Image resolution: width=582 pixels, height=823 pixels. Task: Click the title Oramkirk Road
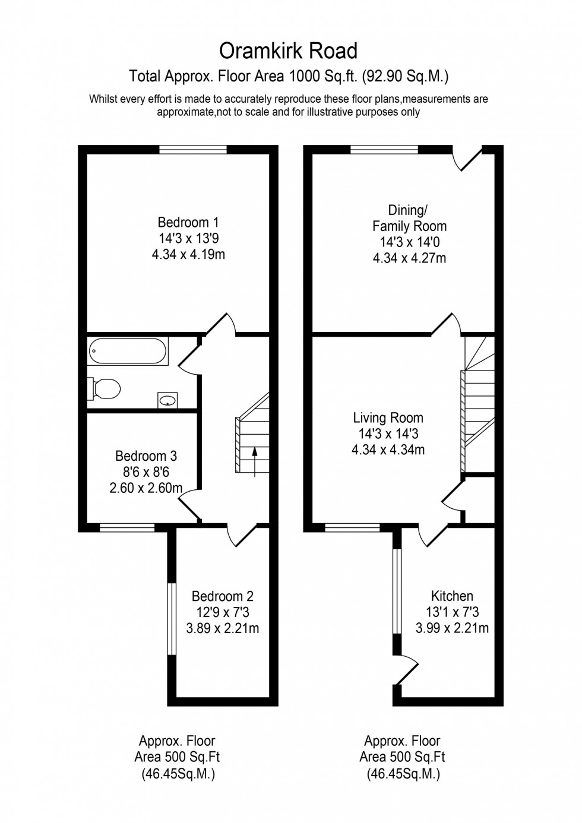pyautogui.click(x=289, y=51)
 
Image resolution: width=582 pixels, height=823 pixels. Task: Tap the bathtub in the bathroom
pyautogui.click(x=128, y=352)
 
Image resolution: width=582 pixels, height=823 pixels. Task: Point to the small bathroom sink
pyautogui.click(x=167, y=400)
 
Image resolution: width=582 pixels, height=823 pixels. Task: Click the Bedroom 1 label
pyautogui.click(x=188, y=223)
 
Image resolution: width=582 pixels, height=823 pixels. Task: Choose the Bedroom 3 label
pyautogui.click(x=145, y=456)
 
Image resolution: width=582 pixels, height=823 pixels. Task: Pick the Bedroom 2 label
pyautogui.click(x=222, y=596)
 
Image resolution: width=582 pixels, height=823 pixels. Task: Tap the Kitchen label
pyautogui.click(x=452, y=596)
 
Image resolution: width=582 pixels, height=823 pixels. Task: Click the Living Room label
pyautogui.click(x=388, y=418)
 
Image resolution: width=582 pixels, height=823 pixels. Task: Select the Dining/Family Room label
pyautogui.click(x=409, y=218)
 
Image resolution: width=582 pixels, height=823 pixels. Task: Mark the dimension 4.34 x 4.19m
pyautogui.click(x=188, y=255)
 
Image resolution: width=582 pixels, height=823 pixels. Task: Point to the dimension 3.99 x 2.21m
pyautogui.click(x=452, y=628)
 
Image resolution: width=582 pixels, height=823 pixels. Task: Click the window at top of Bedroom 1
pyautogui.click(x=192, y=150)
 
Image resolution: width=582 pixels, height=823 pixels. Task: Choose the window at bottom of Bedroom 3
pyautogui.click(x=126, y=527)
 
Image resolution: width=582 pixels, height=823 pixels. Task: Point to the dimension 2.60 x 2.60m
pyautogui.click(x=145, y=488)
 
